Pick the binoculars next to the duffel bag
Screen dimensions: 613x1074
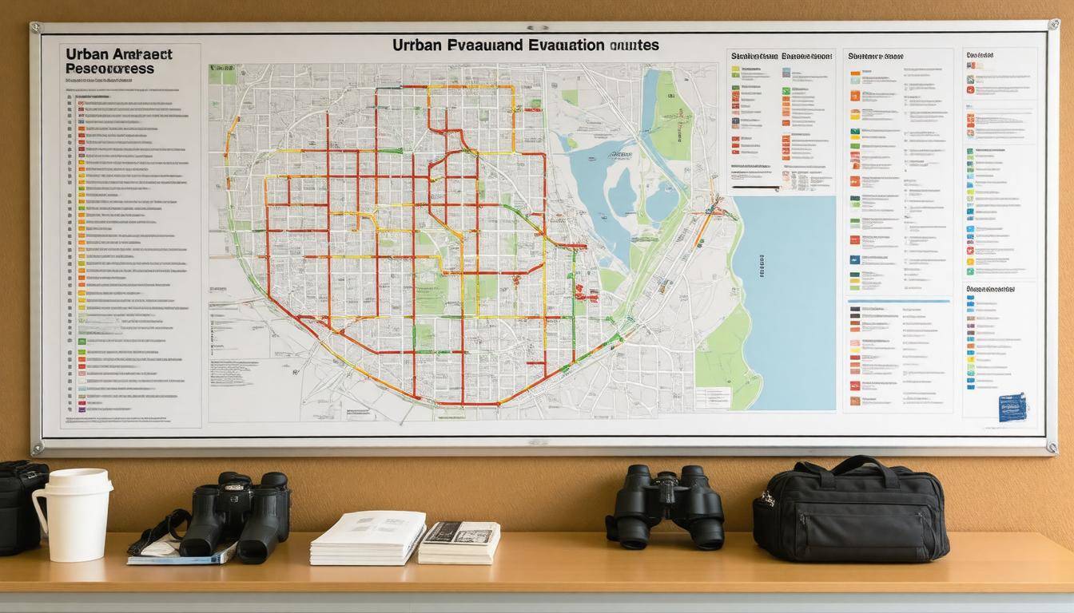pos(665,505)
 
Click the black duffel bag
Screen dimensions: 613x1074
pos(851,511)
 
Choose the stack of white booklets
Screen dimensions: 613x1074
pos(368,538)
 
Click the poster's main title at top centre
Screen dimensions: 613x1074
pos(525,45)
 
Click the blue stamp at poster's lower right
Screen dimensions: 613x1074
pos(1012,406)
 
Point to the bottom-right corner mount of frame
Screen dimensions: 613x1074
pos(1052,448)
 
